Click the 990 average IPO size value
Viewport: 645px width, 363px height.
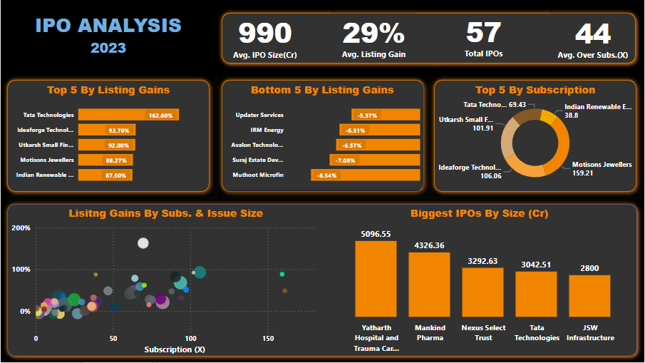pos(264,34)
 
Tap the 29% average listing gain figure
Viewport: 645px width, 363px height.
pos(373,34)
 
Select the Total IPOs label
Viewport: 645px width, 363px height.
pos(483,53)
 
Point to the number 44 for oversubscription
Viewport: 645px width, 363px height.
pos(592,34)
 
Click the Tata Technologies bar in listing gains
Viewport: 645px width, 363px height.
pos(128,115)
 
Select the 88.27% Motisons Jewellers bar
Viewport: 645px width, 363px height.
pos(105,160)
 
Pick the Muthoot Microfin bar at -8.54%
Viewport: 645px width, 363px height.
pos(366,175)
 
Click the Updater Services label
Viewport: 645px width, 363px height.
pos(259,115)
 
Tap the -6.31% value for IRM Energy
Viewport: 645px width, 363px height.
pos(355,131)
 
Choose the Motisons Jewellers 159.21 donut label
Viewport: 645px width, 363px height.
pos(602,168)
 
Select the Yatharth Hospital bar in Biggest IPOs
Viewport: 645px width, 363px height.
pos(376,278)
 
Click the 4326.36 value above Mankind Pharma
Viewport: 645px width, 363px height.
pos(429,245)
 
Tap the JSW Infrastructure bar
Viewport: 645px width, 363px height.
pos(589,295)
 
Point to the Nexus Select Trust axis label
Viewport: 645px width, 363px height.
pos(483,332)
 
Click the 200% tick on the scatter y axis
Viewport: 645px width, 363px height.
pos(21,228)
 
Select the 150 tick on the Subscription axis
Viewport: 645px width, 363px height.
pos(268,339)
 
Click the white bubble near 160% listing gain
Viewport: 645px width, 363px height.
pos(143,243)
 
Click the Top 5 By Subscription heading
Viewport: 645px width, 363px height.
pos(535,90)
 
